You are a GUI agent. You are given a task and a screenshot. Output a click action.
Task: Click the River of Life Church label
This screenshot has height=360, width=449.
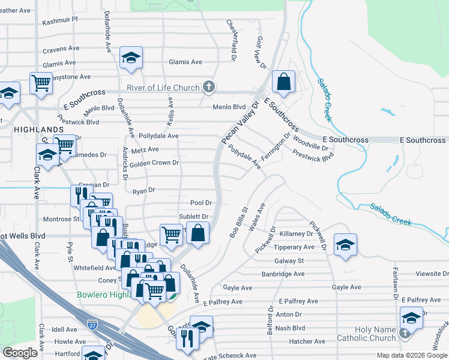coord(163,88)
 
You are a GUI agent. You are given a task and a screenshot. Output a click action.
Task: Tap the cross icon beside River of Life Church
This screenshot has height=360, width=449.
coord(209,88)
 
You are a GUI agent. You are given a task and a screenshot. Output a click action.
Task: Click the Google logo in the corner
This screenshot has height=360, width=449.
coord(20,353)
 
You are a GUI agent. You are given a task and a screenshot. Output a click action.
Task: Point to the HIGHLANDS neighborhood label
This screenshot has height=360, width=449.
coord(38,130)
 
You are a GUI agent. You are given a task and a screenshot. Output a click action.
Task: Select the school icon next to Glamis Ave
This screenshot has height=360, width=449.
coord(130,58)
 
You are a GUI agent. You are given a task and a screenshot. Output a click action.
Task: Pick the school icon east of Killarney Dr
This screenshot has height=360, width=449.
coord(346,244)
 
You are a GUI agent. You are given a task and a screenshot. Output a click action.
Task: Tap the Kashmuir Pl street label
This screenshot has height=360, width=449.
coord(60,19)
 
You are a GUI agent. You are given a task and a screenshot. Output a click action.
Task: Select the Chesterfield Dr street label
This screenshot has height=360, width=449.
coord(232,39)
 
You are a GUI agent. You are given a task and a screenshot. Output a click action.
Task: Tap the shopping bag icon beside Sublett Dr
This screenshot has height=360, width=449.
coord(197,232)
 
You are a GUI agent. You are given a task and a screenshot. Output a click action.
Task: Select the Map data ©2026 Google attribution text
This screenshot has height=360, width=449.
coord(412,355)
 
